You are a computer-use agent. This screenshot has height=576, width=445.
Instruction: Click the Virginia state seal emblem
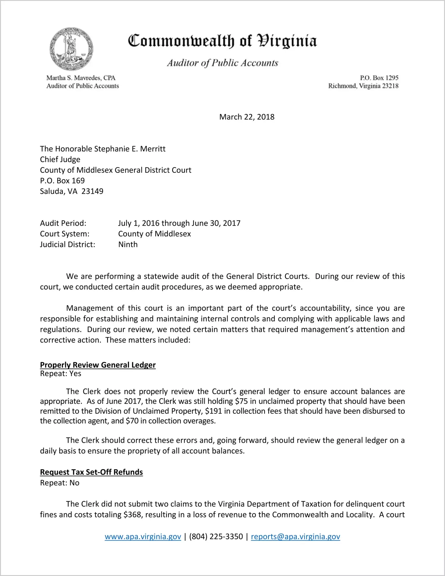(x=71, y=49)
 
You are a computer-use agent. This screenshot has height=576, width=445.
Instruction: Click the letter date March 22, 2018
(x=247, y=117)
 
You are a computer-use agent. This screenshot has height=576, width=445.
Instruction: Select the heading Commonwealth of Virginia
(x=222, y=41)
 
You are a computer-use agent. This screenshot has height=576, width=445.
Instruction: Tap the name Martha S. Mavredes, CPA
(x=81, y=78)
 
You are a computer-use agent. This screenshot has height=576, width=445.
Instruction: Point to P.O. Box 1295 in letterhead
(x=379, y=78)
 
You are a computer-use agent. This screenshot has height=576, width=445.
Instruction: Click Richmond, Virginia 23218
(x=363, y=86)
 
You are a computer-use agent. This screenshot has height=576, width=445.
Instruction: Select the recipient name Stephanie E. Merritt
(x=130, y=149)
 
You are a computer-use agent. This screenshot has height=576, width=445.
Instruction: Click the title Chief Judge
(x=60, y=160)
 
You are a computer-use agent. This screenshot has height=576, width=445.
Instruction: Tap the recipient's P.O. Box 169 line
(x=62, y=181)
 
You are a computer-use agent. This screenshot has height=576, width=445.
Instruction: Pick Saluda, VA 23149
(x=71, y=191)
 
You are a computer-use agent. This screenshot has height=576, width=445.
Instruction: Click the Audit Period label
(x=63, y=223)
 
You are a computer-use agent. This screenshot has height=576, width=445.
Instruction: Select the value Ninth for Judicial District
(x=128, y=245)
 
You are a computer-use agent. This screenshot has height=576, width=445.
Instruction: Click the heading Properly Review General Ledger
(x=98, y=365)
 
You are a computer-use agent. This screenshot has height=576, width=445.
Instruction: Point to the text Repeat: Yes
(x=60, y=374)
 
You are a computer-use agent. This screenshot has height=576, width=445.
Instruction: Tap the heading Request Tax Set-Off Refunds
(x=91, y=472)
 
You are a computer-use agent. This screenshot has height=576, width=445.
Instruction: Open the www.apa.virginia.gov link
(x=143, y=537)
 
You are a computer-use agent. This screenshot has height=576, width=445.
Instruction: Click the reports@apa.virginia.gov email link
(x=295, y=537)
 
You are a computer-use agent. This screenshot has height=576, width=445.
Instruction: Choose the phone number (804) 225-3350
(x=216, y=537)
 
